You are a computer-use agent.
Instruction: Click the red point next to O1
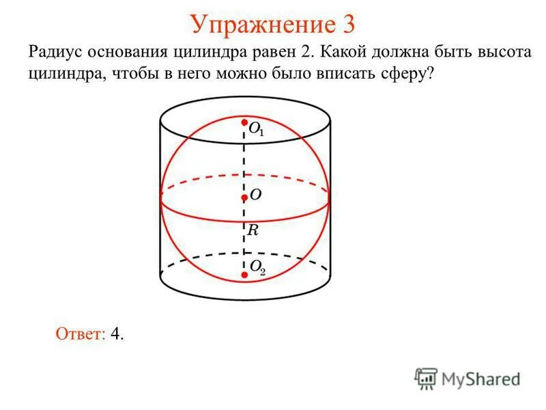click(244, 124)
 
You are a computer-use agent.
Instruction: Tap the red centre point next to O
click(244, 198)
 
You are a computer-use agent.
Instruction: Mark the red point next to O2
click(244, 275)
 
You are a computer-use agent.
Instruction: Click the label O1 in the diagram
click(256, 129)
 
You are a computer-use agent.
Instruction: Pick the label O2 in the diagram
click(257, 267)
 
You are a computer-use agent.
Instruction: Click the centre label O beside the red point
click(255, 195)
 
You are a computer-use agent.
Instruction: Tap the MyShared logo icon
click(426, 378)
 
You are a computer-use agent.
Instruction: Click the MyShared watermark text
click(480, 379)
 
